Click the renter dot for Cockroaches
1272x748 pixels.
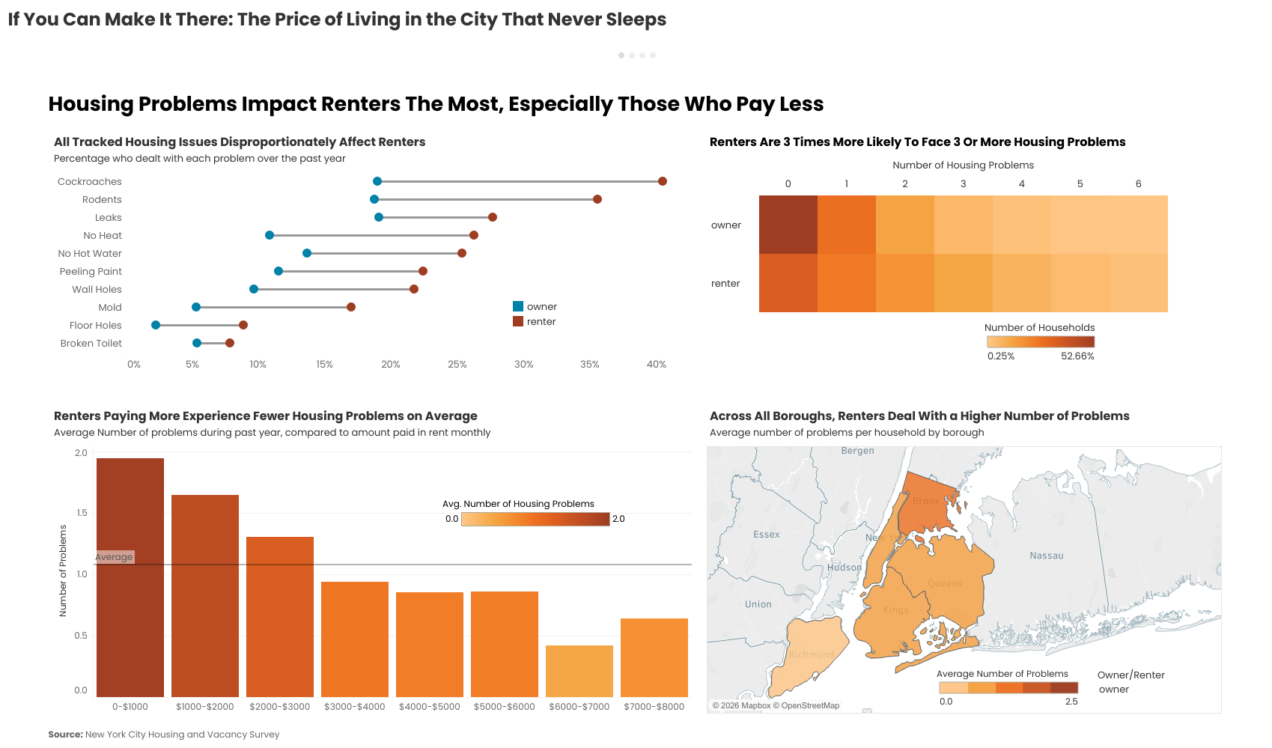pos(663,181)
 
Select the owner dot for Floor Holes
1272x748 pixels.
pos(156,325)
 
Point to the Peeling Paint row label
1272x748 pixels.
pos(91,271)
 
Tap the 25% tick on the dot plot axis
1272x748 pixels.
pos(457,365)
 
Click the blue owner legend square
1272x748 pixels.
pos(518,306)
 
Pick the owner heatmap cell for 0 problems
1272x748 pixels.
pos(788,225)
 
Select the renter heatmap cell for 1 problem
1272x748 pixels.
pos(847,283)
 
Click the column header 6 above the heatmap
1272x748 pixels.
pos(1138,183)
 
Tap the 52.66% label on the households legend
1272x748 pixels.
pos(1077,356)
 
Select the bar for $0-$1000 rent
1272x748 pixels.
pos(130,577)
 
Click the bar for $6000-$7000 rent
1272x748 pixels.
pos(579,671)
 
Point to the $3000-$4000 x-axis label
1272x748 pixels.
pos(355,707)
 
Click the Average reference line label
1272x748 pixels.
pos(115,557)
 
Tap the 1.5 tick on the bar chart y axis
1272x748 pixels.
pos(82,513)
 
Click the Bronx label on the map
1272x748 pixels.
pos(925,501)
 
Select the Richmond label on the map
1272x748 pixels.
pos(811,654)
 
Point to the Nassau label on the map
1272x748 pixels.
pos(1046,556)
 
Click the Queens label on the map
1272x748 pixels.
pos(945,583)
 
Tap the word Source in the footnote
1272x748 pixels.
pos(65,735)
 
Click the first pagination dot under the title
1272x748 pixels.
pos(621,55)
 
